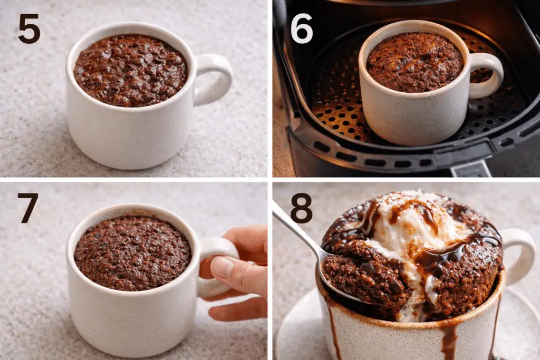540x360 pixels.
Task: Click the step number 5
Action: [30, 29]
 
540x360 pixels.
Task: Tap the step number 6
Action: [302, 29]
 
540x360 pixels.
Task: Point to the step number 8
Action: [301, 208]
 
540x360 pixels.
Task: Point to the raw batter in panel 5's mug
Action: [131, 70]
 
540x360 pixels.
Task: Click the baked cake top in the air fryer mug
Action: [415, 62]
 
